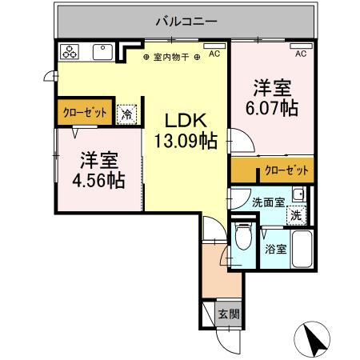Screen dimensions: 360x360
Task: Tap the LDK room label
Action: tap(186, 121)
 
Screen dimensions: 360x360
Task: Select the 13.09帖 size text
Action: tap(186, 142)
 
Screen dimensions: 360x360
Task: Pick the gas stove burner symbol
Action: tap(70, 53)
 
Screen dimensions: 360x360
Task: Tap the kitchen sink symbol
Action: tap(102, 53)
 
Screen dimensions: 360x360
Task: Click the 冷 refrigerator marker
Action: tap(126, 114)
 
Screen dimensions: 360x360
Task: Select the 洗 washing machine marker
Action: tap(295, 214)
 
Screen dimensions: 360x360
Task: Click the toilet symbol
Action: tap(246, 237)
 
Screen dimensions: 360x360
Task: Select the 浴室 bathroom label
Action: tap(276, 249)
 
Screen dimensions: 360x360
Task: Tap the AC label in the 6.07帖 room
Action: tap(301, 54)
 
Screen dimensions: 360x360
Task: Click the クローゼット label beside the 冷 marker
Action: tap(84, 112)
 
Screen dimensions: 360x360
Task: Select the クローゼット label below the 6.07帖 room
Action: tap(286, 170)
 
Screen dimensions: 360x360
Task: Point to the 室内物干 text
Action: tap(171, 57)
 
